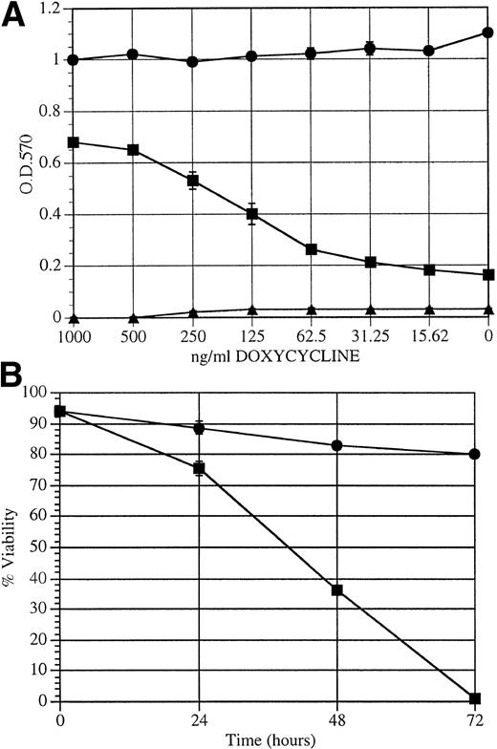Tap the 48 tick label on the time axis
coord(336,719)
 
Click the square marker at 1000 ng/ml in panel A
coord(73,143)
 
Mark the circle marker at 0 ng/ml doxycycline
coord(488,32)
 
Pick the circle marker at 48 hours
coord(336,446)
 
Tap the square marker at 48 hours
coord(336,590)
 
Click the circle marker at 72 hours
coord(474,454)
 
